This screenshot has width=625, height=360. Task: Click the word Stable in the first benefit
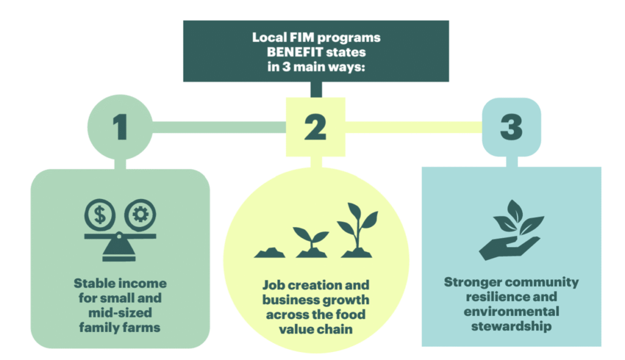[x=92, y=284]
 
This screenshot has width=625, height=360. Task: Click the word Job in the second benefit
[x=273, y=286]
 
